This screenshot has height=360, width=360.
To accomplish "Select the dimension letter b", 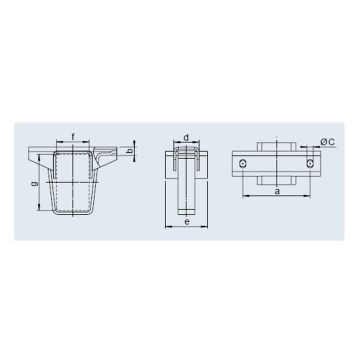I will pyautogui.click(x=130, y=153).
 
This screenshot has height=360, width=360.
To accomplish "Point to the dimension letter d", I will pyautogui.click(x=187, y=137).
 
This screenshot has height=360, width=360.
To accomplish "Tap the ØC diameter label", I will pyautogui.click(x=335, y=140).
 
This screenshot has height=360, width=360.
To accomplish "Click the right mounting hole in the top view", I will pyautogui.click(x=311, y=161).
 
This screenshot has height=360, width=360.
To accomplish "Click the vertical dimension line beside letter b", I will pyautogui.click(x=123, y=153).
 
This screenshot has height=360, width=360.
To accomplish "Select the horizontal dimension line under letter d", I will pyautogui.click(x=187, y=143).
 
